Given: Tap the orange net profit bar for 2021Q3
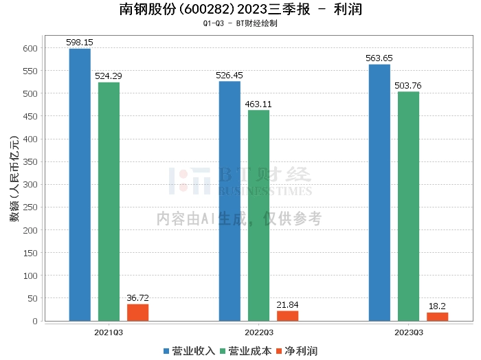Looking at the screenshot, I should (x=137, y=312).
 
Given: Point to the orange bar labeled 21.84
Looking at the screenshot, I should (x=287, y=315).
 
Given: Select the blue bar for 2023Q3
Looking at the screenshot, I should (x=379, y=192).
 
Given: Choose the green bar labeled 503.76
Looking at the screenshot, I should (x=408, y=206).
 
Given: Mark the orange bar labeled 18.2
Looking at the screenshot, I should (x=437, y=316).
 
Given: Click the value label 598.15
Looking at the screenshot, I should (x=80, y=43).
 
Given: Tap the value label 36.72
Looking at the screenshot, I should (x=137, y=297).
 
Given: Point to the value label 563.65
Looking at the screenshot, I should (x=379, y=58).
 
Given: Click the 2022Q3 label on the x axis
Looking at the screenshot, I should (x=258, y=332).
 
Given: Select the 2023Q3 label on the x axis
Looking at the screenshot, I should (x=408, y=332).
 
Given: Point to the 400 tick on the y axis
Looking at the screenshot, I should (x=30, y=139).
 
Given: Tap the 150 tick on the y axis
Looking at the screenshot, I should (x=30, y=253).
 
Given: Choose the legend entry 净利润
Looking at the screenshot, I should (x=296, y=351).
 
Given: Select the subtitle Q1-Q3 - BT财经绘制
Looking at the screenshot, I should (x=240, y=23).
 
